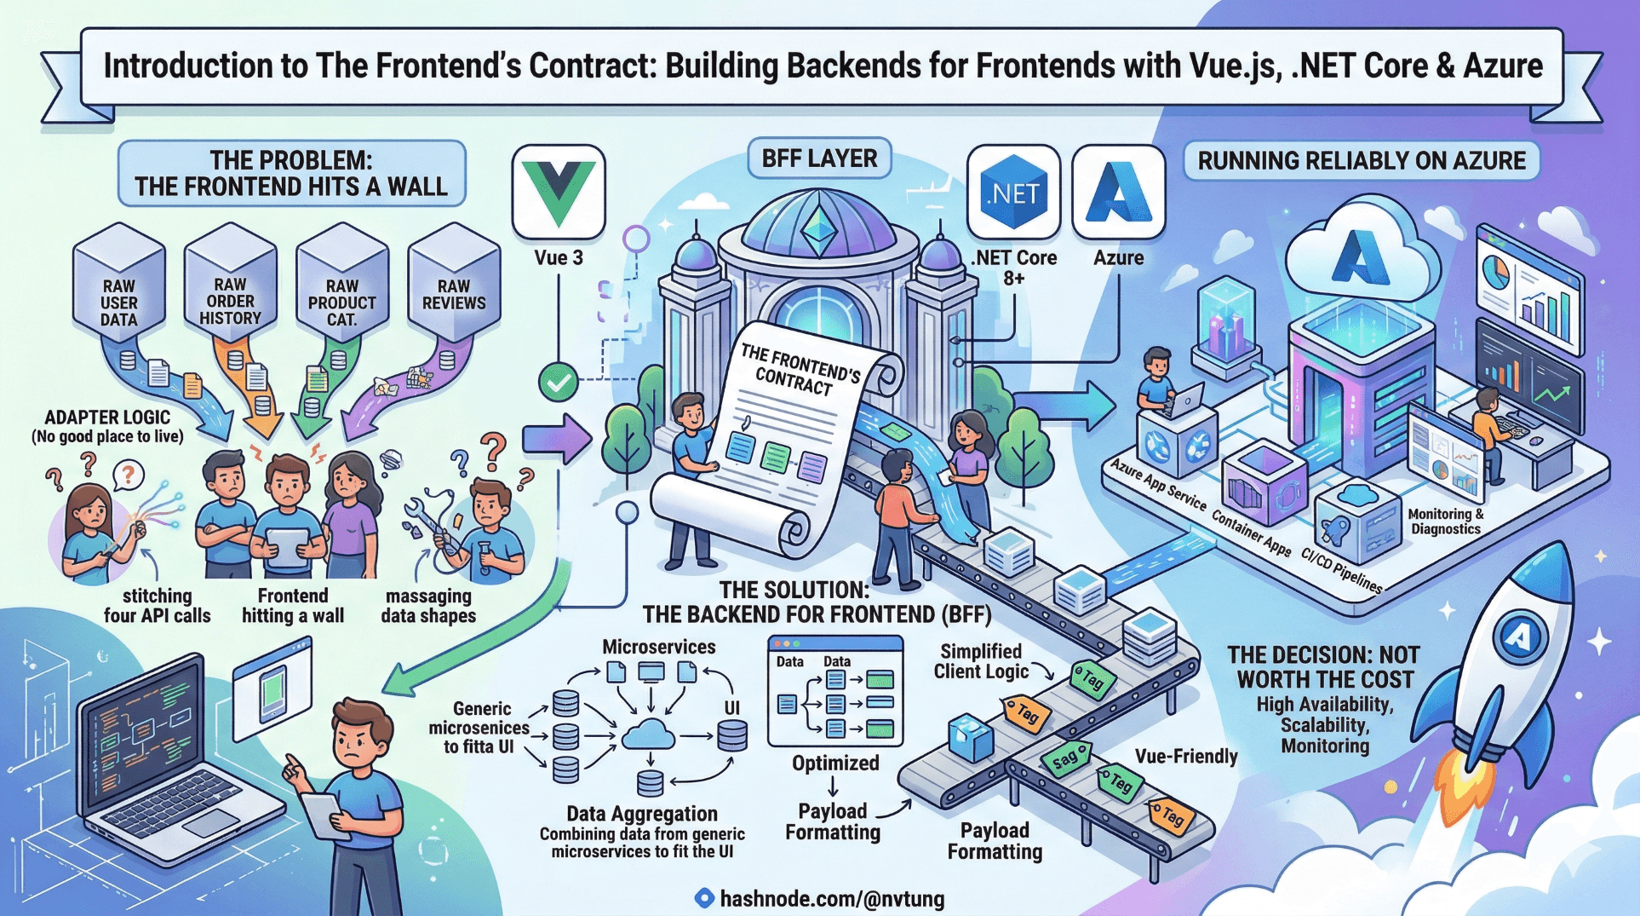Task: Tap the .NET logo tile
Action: point(1013,193)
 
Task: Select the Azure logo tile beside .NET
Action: point(1118,193)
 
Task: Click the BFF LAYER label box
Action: point(819,158)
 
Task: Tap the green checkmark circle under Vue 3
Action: point(559,383)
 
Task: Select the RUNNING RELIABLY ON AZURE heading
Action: point(1362,161)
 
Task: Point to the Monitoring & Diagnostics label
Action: point(1445,521)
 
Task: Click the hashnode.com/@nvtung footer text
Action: point(831,898)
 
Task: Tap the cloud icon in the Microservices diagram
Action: point(649,734)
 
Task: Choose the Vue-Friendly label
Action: point(1186,756)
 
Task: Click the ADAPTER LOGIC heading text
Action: point(107,418)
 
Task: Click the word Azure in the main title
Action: point(1502,66)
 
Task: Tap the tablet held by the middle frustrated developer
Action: point(287,545)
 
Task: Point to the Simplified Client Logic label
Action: point(981,661)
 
